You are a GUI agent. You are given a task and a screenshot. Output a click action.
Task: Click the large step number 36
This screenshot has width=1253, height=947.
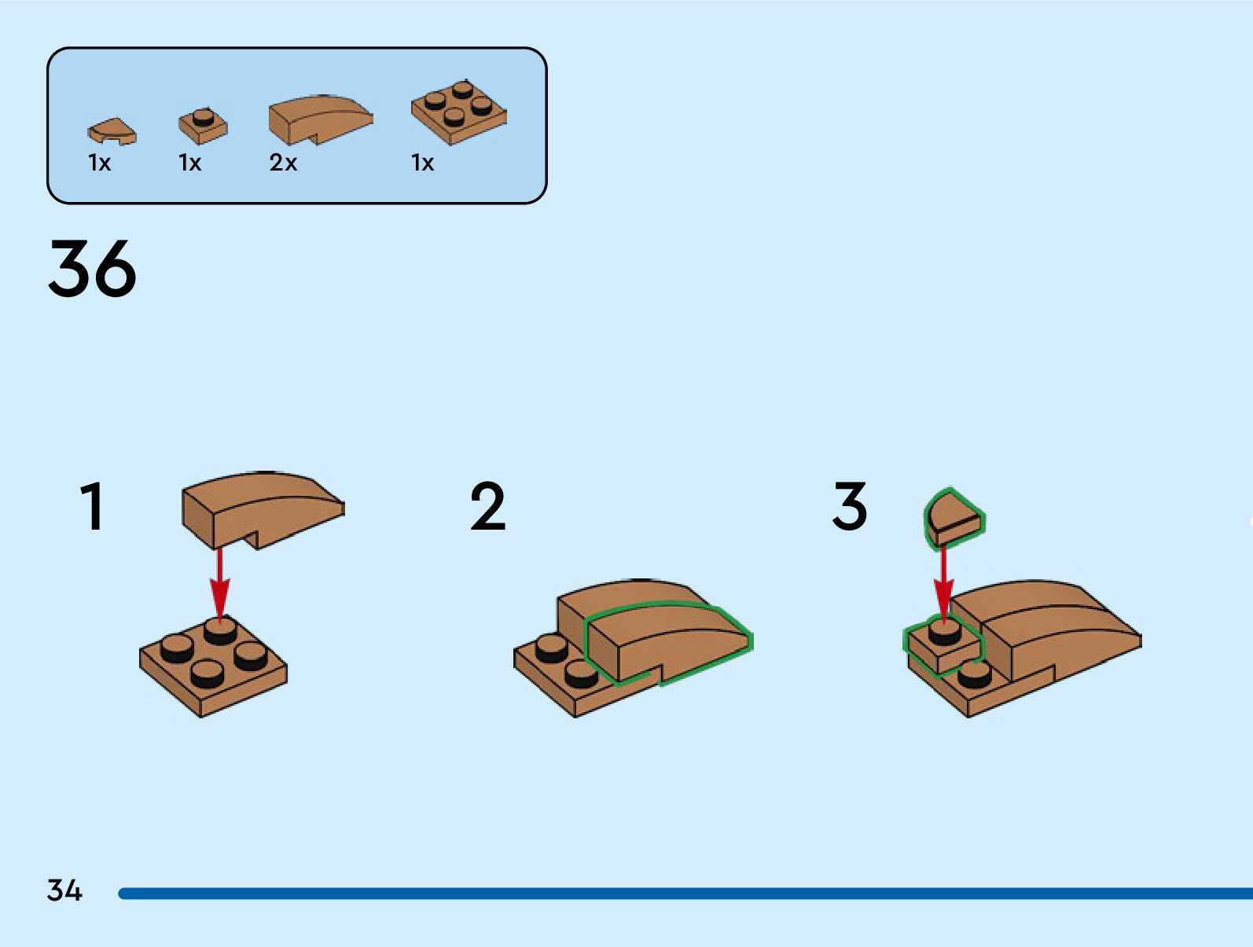tap(92, 269)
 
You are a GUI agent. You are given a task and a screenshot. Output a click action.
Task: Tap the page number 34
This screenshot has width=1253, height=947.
tap(64, 890)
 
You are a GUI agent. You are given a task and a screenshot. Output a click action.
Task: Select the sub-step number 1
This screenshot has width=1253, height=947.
tap(93, 507)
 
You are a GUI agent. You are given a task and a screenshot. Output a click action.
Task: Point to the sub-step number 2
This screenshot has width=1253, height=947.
tap(487, 507)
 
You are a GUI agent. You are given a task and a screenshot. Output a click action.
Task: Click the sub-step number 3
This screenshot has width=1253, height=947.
tap(850, 507)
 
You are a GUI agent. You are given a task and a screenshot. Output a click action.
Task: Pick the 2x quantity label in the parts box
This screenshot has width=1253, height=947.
tap(283, 163)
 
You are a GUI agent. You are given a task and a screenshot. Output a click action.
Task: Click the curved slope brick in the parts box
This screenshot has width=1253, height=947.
tap(318, 119)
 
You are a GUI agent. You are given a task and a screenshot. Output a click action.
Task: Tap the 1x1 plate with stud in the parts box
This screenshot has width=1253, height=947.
tap(203, 126)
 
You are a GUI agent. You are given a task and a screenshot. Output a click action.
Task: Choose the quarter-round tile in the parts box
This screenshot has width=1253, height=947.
tap(112, 131)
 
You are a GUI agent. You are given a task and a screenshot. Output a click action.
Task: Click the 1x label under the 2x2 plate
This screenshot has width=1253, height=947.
tap(422, 163)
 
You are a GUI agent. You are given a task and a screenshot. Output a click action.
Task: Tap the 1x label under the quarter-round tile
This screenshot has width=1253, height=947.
tap(100, 163)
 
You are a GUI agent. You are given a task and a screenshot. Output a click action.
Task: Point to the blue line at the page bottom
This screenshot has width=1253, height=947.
tap(684, 894)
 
